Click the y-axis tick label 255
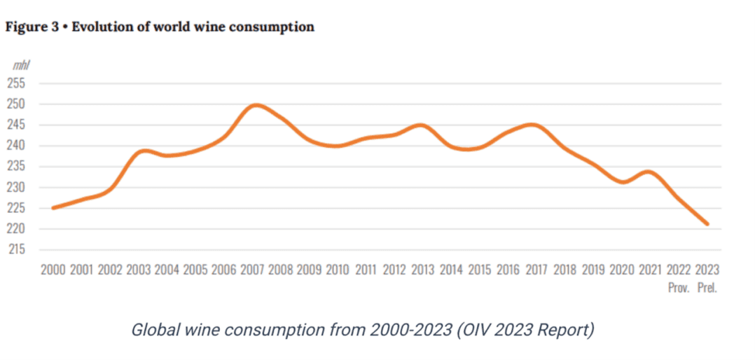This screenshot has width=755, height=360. [16, 83]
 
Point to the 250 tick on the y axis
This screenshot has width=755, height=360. [16, 104]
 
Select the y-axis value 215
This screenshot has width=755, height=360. [16, 249]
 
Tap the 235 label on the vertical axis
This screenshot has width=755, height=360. [16, 167]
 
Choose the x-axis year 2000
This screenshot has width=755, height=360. [53, 270]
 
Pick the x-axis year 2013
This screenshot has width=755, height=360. [422, 270]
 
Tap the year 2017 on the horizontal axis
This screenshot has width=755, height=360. [536, 270]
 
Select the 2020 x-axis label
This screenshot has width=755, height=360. [621, 270]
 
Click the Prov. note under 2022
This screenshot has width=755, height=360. [679, 288]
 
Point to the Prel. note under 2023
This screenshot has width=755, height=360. [707, 288]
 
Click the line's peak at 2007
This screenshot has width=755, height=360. [256, 105]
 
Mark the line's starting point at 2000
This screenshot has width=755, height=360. [53, 207]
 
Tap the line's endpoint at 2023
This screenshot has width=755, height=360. [707, 224]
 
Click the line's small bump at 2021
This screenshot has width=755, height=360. [650, 172]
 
